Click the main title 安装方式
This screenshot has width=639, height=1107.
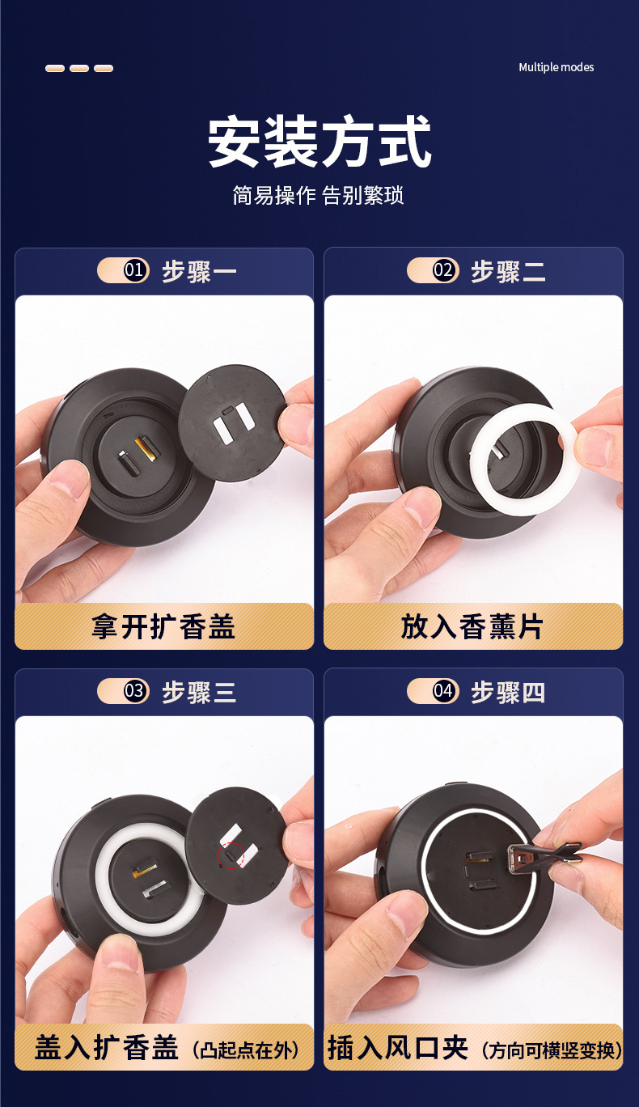coord(319,143)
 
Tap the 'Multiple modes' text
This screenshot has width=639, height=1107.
coord(556,67)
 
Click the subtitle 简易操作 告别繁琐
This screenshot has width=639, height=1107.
coord(319,195)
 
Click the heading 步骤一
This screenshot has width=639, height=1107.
coord(199,271)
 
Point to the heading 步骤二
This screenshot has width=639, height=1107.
coord(508,271)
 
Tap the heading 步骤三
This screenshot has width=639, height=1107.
coord(199,692)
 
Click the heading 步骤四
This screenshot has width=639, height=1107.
coord(508,692)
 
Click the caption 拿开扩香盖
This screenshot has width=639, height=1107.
coord(163,626)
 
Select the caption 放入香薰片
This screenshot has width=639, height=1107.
coord(472,626)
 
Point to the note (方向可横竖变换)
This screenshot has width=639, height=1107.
coord(551,1050)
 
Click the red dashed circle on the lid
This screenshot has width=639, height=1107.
coord(232,855)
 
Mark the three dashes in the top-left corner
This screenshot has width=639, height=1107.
coord(78,68)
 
